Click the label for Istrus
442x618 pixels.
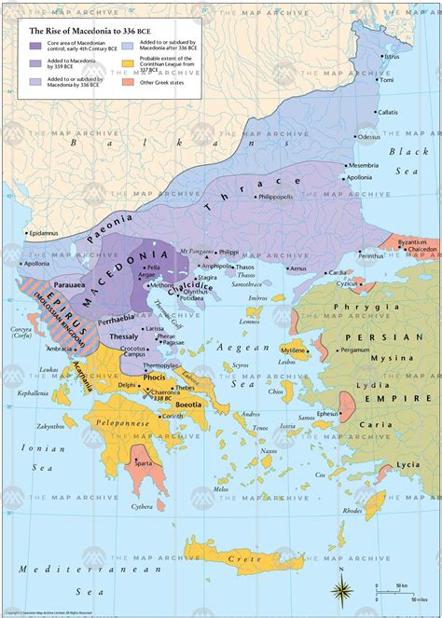pos(392,57)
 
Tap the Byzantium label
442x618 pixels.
pos(411,241)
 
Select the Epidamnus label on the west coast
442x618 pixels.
pos(44,232)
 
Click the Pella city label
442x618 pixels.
pos(153,267)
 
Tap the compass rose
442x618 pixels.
pos(342,588)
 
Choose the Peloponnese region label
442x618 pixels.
pos(119,422)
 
